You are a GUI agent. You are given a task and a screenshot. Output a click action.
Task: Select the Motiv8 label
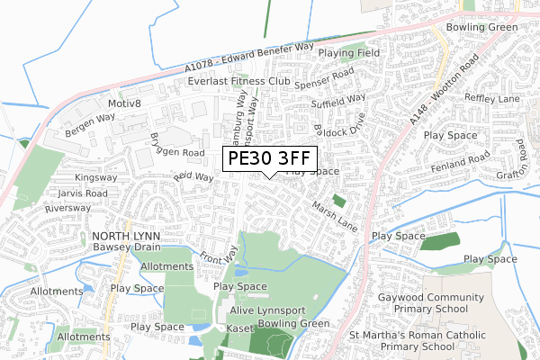(126, 103)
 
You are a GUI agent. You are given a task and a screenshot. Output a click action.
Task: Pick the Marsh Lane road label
(335, 214)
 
